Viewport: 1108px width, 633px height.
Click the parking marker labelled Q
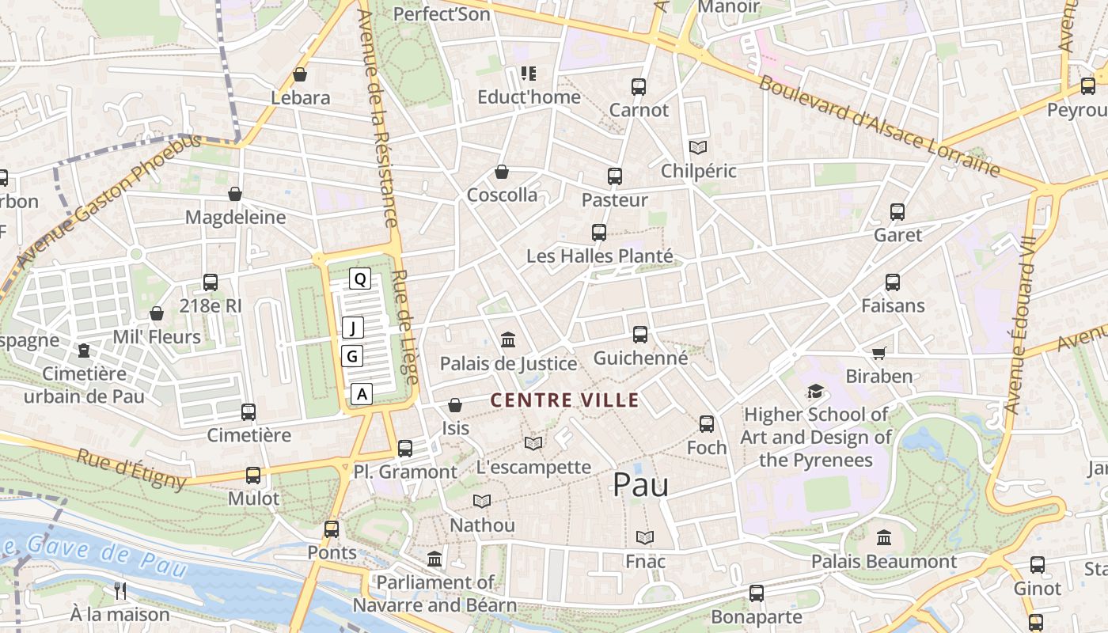pyautogui.click(x=360, y=279)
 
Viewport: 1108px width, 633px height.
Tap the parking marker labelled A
pyautogui.click(x=362, y=393)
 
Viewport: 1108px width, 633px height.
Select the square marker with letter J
pyautogui.click(x=353, y=328)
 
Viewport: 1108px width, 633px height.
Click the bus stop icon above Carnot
pyautogui.click(x=639, y=87)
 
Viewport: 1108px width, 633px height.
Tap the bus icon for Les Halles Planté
pyautogui.click(x=599, y=233)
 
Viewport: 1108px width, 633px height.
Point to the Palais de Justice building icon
pyautogui.click(x=508, y=340)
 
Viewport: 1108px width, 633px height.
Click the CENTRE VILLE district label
pyautogui.click(x=564, y=400)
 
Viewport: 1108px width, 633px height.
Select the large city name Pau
pyautogui.click(x=640, y=485)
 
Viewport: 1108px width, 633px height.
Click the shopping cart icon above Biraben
pyautogui.click(x=878, y=353)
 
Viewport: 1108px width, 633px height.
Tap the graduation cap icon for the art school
pyautogui.click(x=815, y=391)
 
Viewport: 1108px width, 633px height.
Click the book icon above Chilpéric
pyautogui.click(x=697, y=147)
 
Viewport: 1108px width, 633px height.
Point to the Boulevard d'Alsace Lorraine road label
pyautogui.click(x=879, y=125)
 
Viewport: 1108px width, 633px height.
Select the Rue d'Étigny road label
pyautogui.click(x=131, y=468)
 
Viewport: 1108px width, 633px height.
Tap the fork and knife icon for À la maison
pyautogui.click(x=120, y=590)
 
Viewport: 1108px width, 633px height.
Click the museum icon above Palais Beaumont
pyautogui.click(x=884, y=538)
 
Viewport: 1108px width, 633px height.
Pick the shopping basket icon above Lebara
pyautogui.click(x=300, y=75)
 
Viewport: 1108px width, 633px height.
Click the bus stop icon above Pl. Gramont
pyautogui.click(x=405, y=449)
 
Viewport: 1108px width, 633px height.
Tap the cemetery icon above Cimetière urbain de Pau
pyautogui.click(x=84, y=351)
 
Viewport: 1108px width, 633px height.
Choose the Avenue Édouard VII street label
pyautogui.click(x=1022, y=324)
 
